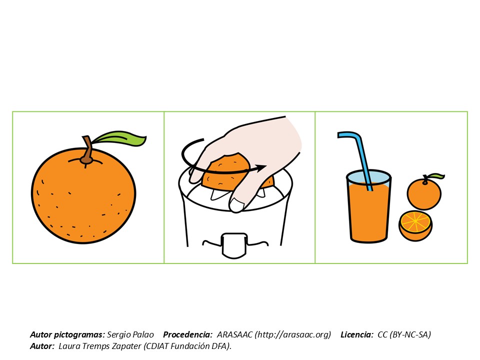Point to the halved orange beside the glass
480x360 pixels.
(x=415, y=225)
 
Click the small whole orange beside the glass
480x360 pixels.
(x=424, y=193)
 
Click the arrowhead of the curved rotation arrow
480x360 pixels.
(x=261, y=168)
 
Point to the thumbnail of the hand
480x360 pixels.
(x=237, y=205)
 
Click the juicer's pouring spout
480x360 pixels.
(x=234, y=245)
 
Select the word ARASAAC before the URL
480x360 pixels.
(x=234, y=334)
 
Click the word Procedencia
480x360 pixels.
(x=187, y=334)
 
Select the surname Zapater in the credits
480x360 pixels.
(x=126, y=346)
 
